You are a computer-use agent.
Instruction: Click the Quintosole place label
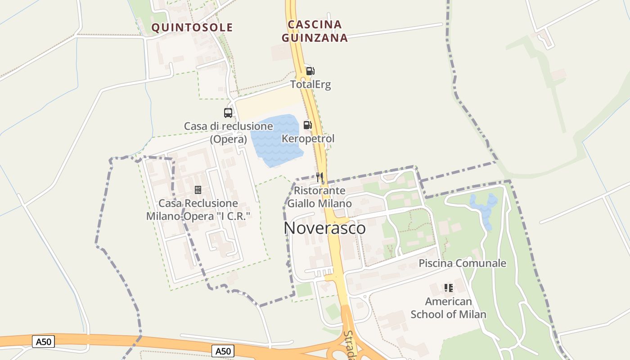pos(192,27)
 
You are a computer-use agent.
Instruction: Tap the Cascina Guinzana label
pos(315,31)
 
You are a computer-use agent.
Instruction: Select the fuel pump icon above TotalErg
pos(310,71)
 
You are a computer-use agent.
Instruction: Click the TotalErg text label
pos(310,85)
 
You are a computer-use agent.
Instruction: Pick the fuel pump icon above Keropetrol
pos(308,125)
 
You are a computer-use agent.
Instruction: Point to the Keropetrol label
pos(308,139)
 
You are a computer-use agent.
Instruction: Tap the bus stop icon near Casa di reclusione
pos(228,113)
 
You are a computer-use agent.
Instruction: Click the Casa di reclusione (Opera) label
pos(229,133)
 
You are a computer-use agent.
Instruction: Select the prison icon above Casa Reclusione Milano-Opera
pos(198,190)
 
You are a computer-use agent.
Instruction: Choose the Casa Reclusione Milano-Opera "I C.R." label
pos(198,210)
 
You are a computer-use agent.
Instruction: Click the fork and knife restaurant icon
pos(319,177)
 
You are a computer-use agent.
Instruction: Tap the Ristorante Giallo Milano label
pos(319,197)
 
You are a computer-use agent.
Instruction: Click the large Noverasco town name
pos(324,228)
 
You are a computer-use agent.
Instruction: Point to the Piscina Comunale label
pos(462,263)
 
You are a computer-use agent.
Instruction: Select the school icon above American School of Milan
pos(448,288)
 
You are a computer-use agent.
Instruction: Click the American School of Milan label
pos(449,308)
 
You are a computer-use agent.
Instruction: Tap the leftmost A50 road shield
pos(44,342)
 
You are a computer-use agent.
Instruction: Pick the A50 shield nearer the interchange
pos(223,351)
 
